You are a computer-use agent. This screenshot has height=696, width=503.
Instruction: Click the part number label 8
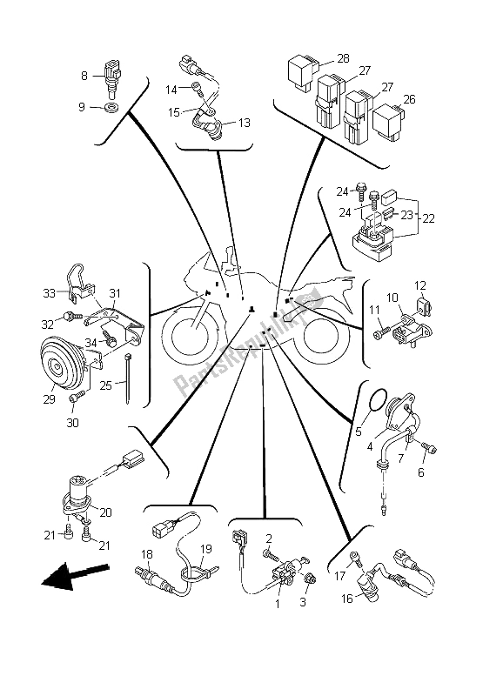tap(84, 76)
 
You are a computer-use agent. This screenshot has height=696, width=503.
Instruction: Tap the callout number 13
tap(244, 123)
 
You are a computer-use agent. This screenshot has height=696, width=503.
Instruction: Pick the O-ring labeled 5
tap(377, 402)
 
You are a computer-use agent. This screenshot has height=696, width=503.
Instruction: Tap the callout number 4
tap(371, 445)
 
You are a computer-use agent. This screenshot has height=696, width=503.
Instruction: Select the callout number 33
tap(50, 293)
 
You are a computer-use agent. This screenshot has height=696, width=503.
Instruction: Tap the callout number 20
tap(105, 512)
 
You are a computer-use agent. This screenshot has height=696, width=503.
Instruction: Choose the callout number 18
tap(147, 553)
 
